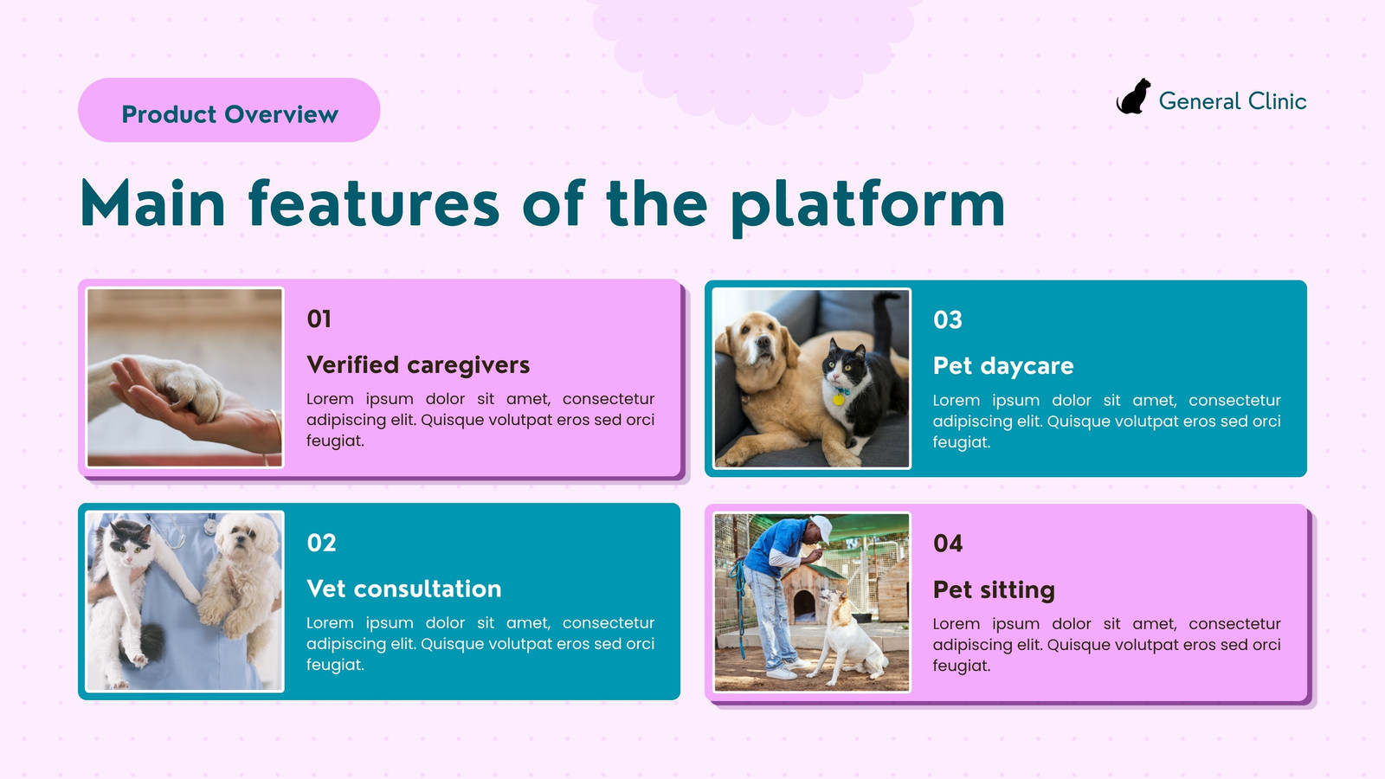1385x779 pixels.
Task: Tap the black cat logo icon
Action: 1133,96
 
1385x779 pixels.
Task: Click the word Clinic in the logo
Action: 1277,101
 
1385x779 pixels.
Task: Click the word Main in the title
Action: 152,203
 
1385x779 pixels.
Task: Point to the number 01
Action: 319,319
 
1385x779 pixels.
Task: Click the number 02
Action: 321,543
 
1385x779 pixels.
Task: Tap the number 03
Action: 948,319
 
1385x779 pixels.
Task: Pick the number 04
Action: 948,544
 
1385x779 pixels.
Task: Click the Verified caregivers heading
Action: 418,364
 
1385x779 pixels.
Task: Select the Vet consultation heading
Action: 403,589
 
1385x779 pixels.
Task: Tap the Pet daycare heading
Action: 1003,366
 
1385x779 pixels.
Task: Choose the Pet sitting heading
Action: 994,589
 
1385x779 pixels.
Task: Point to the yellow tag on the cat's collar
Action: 839,399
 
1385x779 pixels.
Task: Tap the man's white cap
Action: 821,527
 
